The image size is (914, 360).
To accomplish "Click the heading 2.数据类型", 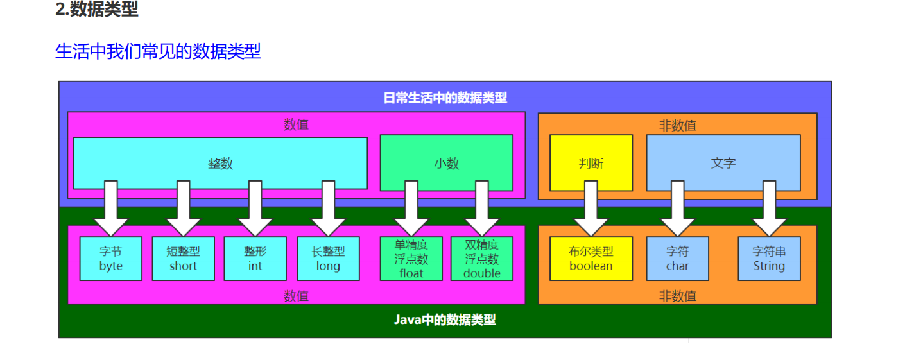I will point(96,10).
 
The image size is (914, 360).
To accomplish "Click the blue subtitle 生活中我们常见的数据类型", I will point(158,51).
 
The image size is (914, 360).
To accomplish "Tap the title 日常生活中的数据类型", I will point(445,98).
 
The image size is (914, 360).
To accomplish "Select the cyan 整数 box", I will point(220,163).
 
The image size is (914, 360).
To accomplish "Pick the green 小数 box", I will point(446,163).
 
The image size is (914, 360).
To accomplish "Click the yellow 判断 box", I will point(591,163).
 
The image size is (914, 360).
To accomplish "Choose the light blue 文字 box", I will point(723,163).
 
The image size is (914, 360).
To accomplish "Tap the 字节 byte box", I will point(110,259).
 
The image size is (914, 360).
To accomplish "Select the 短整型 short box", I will point(183,259).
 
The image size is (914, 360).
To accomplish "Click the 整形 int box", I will point(255,259).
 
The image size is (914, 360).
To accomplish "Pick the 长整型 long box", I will point(327,259).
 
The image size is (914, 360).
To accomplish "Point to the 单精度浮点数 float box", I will point(411,259).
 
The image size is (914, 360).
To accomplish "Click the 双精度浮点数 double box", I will point(481,259).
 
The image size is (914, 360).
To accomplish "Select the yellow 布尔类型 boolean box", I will point(591,259).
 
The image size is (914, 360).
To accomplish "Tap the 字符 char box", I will point(677,259).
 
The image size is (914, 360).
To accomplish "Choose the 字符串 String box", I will point(769,259).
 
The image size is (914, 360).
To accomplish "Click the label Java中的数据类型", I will point(445,320).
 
